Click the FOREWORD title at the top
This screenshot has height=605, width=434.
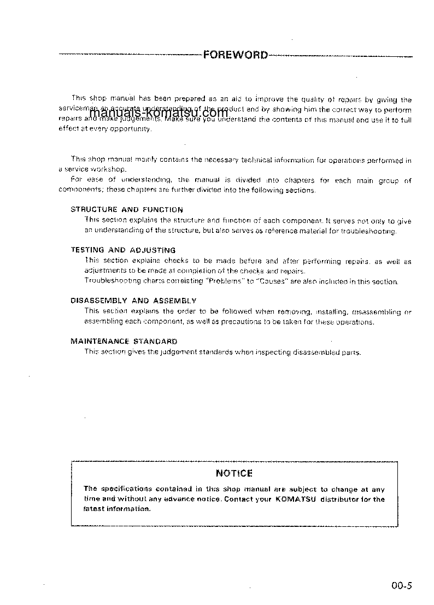[x=236, y=55]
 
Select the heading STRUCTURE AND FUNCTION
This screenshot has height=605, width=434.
[x=127, y=209]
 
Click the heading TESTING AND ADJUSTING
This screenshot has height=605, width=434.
[x=123, y=250]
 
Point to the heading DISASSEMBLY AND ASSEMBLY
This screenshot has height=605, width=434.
[x=133, y=301]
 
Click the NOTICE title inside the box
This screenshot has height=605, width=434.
[x=234, y=473]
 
